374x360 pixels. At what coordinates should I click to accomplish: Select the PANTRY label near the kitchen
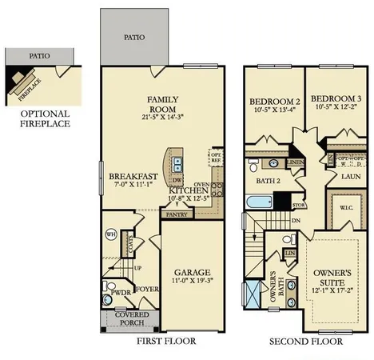click(174, 214)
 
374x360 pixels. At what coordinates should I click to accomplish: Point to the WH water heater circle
click(111, 234)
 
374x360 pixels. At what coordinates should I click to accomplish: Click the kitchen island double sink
click(177, 166)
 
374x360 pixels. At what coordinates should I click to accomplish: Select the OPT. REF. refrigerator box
click(216, 158)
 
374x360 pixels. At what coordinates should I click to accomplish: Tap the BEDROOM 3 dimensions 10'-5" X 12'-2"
click(336, 108)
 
